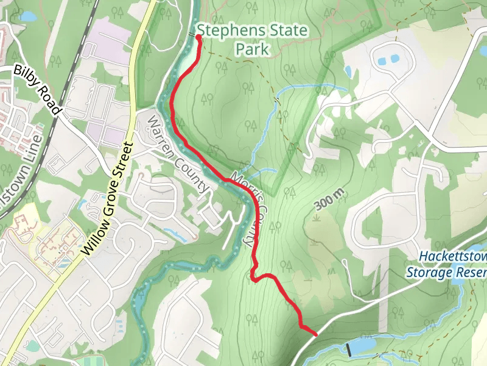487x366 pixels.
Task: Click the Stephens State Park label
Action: click(252, 39)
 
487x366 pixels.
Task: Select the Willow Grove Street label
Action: click(108, 198)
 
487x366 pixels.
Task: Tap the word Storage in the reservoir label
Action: click(427, 272)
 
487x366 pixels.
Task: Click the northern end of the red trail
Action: click(199, 37)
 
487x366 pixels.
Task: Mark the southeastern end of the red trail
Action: click(315, 334)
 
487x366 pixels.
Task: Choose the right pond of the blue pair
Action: click(394, 59)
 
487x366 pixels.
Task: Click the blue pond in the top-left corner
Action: click(28, 16)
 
